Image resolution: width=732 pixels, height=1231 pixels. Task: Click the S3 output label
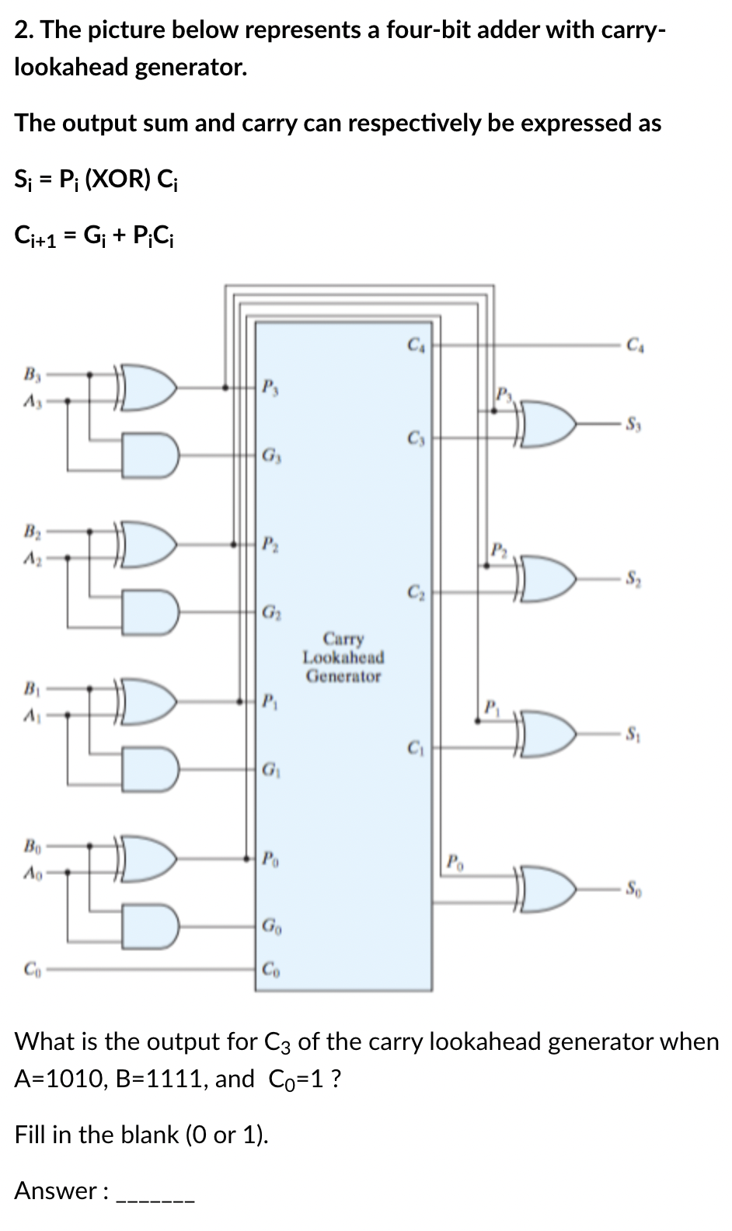tap(633, 424)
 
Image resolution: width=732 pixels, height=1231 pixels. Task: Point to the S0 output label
tap(633, 887)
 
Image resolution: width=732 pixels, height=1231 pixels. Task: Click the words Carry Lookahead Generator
tap(343, 657)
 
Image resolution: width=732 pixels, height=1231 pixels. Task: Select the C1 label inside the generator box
tap(414, 750)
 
